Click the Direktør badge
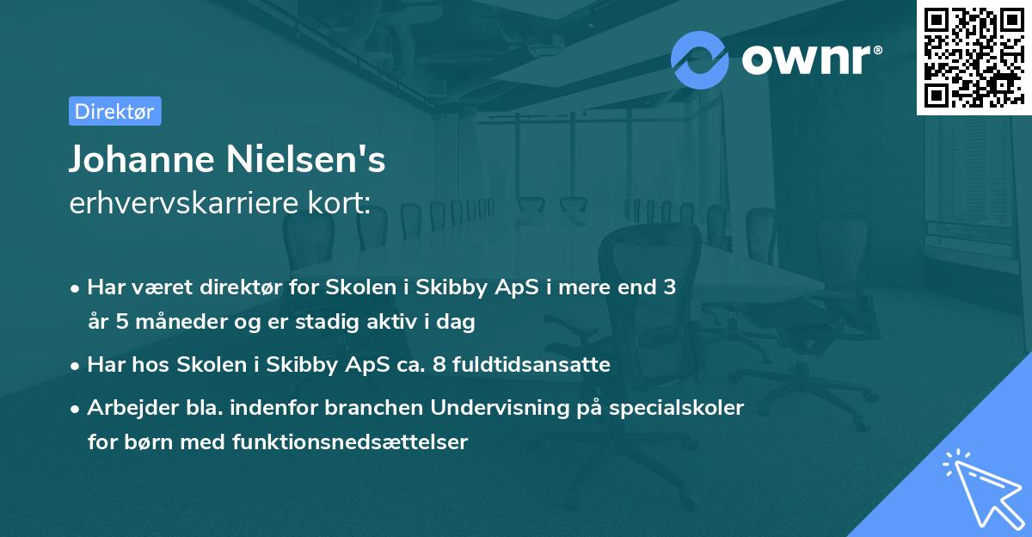(114, 111)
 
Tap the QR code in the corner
(974, 58)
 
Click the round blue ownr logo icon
(700, 59)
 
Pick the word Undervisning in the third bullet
(501, 407)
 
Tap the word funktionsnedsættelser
(350, 442)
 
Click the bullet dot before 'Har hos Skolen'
(77, 366)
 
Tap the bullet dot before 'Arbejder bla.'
(77, 408)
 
